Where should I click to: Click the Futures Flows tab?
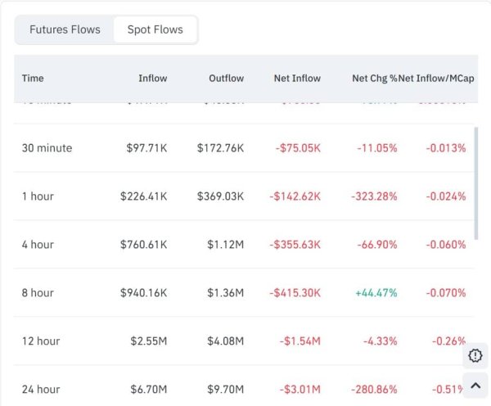coord(65,29)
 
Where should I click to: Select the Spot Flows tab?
coord(155,29)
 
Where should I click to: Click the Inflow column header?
coord(153,79)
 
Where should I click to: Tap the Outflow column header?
coord(226,79)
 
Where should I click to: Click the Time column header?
coord(33,79)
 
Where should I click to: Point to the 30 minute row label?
coord(47,148)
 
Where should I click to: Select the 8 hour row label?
coord(38,293)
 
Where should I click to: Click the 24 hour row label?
coord(41,390)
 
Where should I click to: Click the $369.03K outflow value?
coord(220,196)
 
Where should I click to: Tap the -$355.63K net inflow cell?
coord(295,245)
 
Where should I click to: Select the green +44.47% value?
coord(376,293)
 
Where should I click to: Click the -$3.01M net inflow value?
coord(300,390)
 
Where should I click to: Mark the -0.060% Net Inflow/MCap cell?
coord(446,245)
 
